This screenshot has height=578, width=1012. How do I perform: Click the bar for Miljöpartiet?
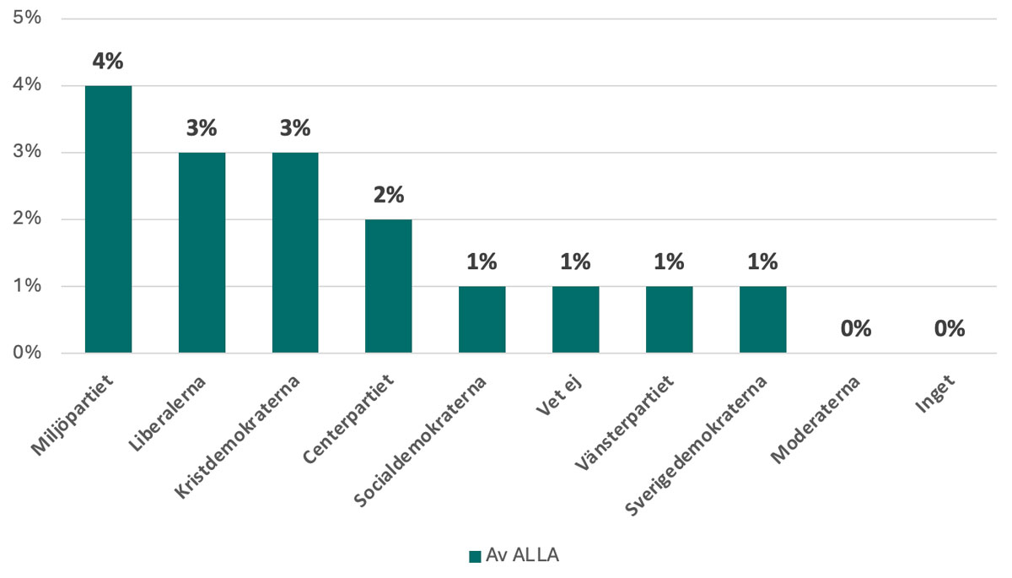click(108, 219)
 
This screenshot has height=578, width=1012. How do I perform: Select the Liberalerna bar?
click(202, 252)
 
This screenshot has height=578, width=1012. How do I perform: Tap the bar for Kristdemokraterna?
click(295, 252)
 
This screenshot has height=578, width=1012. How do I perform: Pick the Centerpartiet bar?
click(389, 286)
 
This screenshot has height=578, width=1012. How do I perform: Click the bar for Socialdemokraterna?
click(482, 320)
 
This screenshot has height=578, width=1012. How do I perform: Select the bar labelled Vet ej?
click(576, 320)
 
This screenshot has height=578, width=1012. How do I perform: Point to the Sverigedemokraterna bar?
click(762, 320)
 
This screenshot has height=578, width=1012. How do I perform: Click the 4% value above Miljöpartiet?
click(108, 62)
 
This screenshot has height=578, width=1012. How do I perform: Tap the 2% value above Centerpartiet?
click(389, 195)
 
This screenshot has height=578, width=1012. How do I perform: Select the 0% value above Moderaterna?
click(856, 329)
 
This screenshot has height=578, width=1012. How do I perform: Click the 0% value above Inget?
click(950, 329)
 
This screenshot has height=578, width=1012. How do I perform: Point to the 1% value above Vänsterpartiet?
click(669, 262)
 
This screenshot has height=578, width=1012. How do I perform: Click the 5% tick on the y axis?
click(28, 19)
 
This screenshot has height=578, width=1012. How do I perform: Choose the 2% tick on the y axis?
click(28, 219)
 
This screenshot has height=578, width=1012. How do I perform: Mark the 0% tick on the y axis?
click(28, 353)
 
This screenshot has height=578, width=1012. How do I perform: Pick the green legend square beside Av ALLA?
click(475, 556)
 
